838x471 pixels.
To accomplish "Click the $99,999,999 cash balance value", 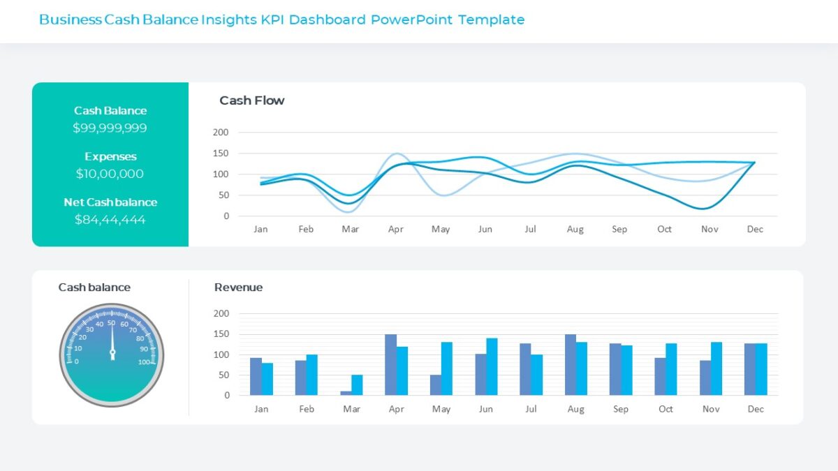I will pyautogui.click(x=110, y=128).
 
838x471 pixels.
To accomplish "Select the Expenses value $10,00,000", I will pyautogui.click(x=110, y=174).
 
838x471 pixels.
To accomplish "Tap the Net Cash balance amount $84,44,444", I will pyautogui.click(x=110, y=220).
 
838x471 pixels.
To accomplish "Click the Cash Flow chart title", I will pyautogui.click(x=251, y=100).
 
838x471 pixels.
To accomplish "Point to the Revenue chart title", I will pyautogui.click(x=238, y=287).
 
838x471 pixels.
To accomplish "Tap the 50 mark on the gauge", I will pyautogui.click(x=111, y=322).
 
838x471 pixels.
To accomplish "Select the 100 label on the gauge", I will pyautogui.click(x=145, y=362).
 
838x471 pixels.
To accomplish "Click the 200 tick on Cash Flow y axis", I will pyautogui.click(x=221, y=132).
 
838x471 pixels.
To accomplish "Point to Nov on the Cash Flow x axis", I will pyautogui.click(x=710, y=229).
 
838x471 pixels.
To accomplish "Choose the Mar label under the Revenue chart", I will pyautogui.click(x=351, y=409).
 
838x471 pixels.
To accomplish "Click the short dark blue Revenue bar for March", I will pyautogui.click(x=346, y=393).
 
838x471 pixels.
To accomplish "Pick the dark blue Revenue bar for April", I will pyautogui.click(x=390, y=364).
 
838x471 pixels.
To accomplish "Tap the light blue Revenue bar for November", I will pyautogui.click(x=716, y=368).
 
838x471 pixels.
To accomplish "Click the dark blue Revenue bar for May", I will pyautogui.click(x=435, y=384).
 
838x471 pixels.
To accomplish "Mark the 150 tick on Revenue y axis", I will pyautogui.click(x=221, y=334).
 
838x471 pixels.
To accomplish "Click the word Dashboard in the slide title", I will pyautogui.click(x=327, y=20).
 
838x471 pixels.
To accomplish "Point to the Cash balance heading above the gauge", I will pyautogui.click(x=94, y=287).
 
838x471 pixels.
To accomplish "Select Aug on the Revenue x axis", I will pyautogui.click(x=575, y=409).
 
